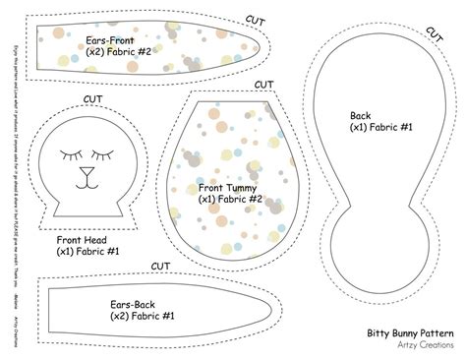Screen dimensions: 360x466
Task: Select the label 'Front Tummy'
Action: (x=224, y=185)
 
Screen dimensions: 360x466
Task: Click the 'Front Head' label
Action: (x=84, y=238)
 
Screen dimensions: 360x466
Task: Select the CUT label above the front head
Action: (x=93, y=98)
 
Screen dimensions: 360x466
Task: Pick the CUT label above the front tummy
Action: (x=262, y=84)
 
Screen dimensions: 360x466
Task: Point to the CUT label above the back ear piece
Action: (x=160, y=266)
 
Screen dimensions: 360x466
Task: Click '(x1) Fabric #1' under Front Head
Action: (x=87, y=251)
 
